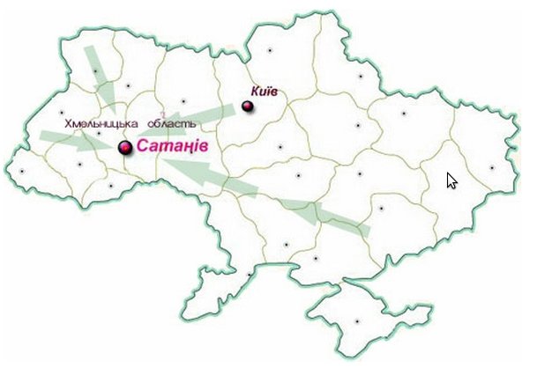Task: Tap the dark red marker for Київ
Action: [247, 107]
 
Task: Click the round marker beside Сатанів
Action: [125, 148]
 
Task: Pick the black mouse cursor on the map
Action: [451, 180]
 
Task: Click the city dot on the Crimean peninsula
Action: [357, 320]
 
